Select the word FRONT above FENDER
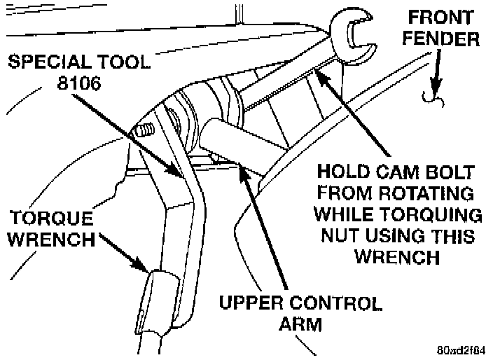pos(444,15)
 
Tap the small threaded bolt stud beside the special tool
pos(144,131)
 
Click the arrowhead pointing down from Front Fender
pos(435,92)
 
